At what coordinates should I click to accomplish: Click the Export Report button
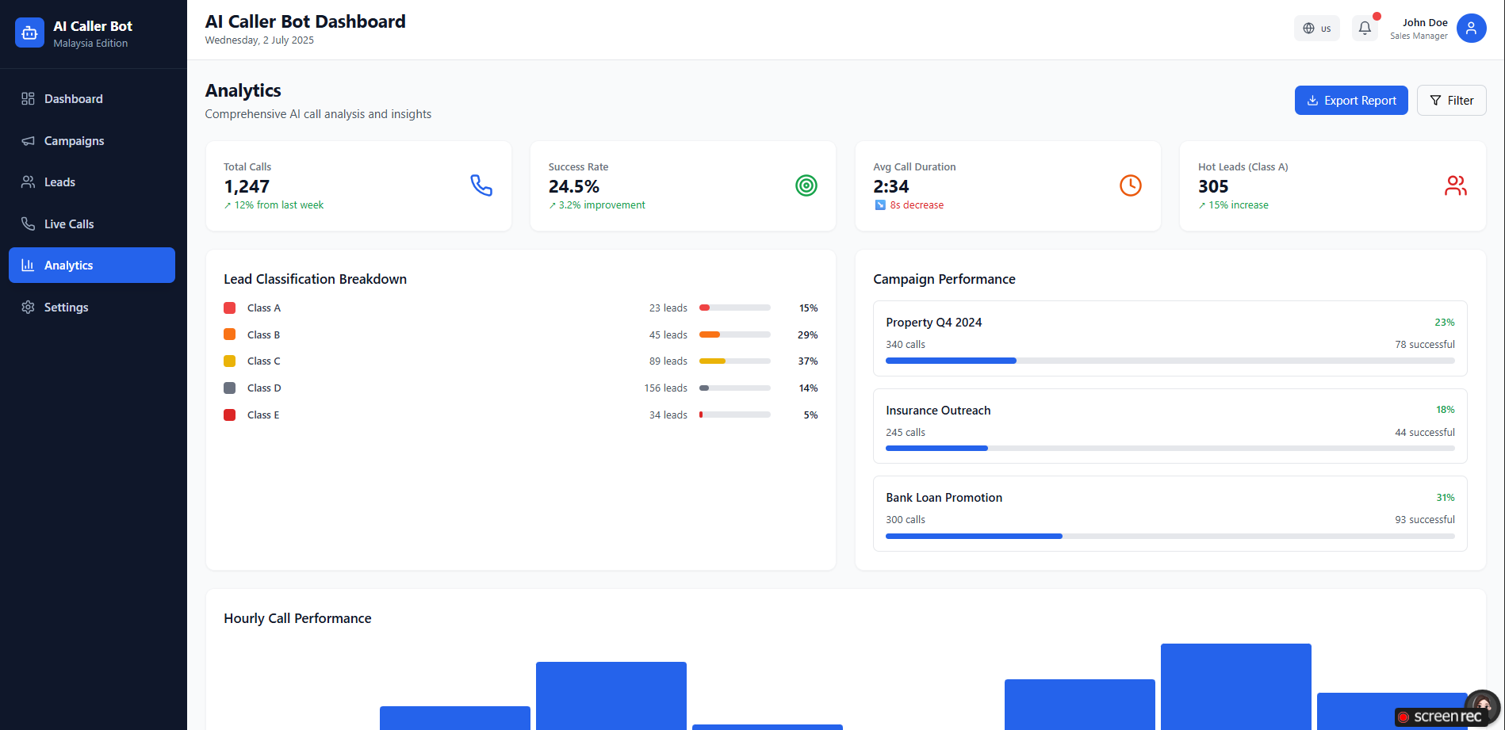coord(1351,101)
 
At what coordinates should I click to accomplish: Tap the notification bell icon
coord(1365,29)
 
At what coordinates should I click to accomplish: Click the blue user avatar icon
coord(1471,29)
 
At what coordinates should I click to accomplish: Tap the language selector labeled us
coord(1317,29)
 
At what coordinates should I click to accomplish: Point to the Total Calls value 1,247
coord(247,187)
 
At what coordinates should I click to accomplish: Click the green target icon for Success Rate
coord(806,185)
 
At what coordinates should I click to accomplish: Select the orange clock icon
coord(1131,185)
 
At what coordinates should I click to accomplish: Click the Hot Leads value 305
coord(1213,187)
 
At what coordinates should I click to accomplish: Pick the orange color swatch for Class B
coord(230,334)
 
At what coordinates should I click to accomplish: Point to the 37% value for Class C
coord(808,361)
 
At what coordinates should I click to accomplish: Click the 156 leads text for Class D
coord(665,388)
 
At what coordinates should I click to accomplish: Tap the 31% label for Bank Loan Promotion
coord(1446,498)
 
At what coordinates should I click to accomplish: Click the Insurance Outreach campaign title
coord(938,411)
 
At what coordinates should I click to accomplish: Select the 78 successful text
coord(1425,345)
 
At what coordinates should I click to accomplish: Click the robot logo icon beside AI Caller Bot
coord(29,32)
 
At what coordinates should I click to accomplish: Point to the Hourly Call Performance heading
coord(297,618)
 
